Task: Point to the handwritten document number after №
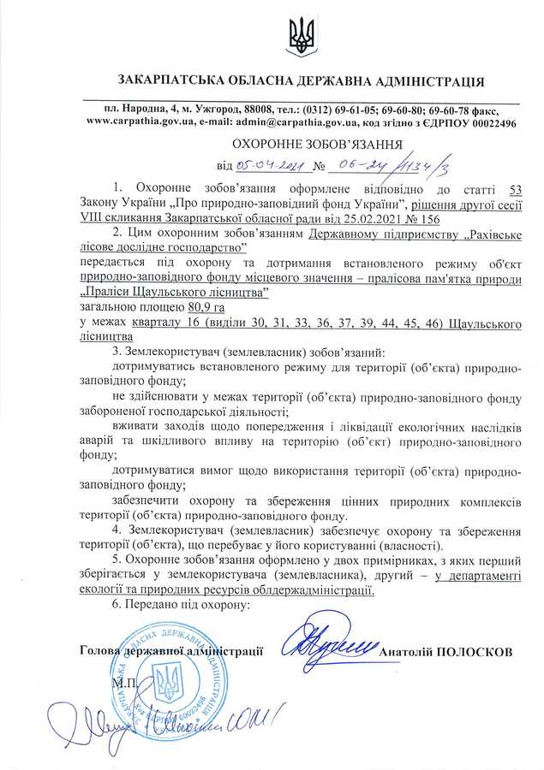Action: [x=377, y=164]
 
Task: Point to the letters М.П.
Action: [x=121, y=684]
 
